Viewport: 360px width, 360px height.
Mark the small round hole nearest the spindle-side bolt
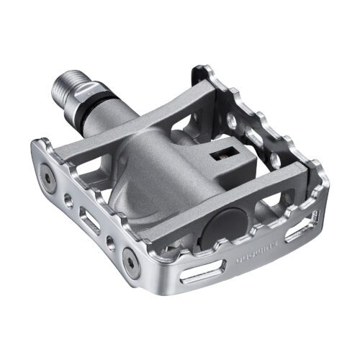pos(68,199)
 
